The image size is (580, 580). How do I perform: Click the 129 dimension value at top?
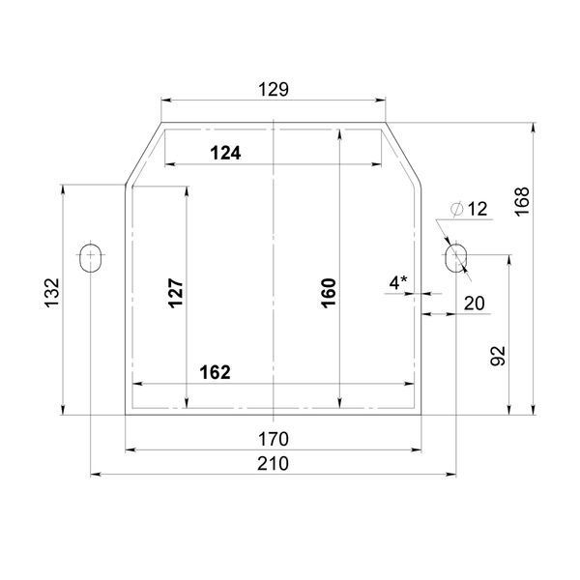point(274,90)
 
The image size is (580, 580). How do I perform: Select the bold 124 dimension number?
point(225,153)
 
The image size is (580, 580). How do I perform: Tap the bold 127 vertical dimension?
point(176,293)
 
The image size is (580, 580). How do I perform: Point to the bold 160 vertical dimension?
point(329,293)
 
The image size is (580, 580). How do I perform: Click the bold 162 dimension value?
point(215,372)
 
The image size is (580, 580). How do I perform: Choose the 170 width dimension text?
point(274,439)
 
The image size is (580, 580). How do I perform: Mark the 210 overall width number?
point(273,463)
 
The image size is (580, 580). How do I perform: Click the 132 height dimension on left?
point(52,293)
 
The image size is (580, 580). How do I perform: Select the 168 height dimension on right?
point(522,202)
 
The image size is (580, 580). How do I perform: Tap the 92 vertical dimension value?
point(498,356)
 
